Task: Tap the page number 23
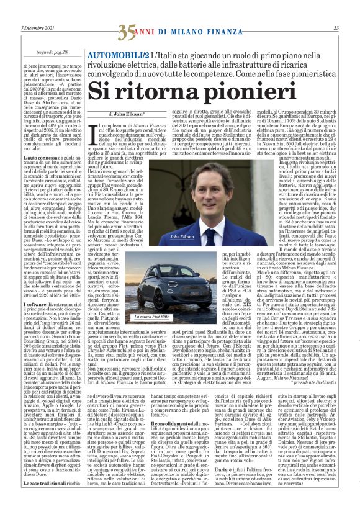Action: coord(336,28)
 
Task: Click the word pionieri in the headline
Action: coord(229,91)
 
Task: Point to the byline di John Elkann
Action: coord(131,114)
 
